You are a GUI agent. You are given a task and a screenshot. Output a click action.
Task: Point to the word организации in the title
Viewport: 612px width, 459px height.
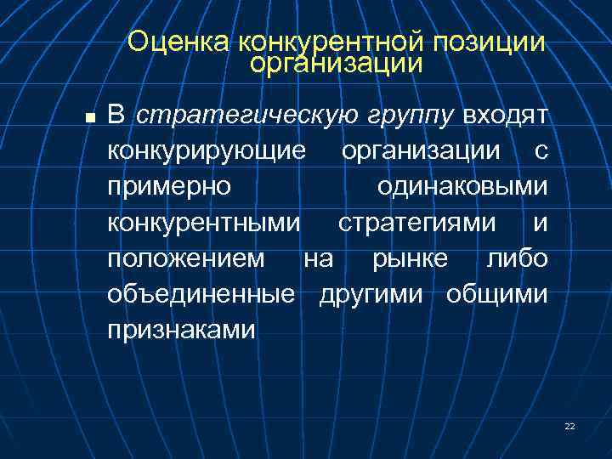point(337,63)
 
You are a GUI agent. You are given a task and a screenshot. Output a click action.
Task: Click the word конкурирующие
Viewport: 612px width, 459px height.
point(207,151)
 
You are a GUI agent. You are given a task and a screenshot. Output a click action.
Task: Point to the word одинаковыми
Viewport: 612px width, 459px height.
point(462,187)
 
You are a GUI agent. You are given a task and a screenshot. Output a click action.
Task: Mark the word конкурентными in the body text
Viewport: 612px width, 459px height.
point(204,223)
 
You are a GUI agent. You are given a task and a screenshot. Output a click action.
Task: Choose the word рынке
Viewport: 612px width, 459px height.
point(410,258)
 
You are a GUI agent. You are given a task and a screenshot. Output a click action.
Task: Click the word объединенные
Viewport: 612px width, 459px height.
point(201,294)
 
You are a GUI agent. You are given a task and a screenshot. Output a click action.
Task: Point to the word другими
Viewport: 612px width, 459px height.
point(375,294)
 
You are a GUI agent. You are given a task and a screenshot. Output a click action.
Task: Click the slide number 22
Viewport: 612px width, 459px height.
point(569,426)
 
